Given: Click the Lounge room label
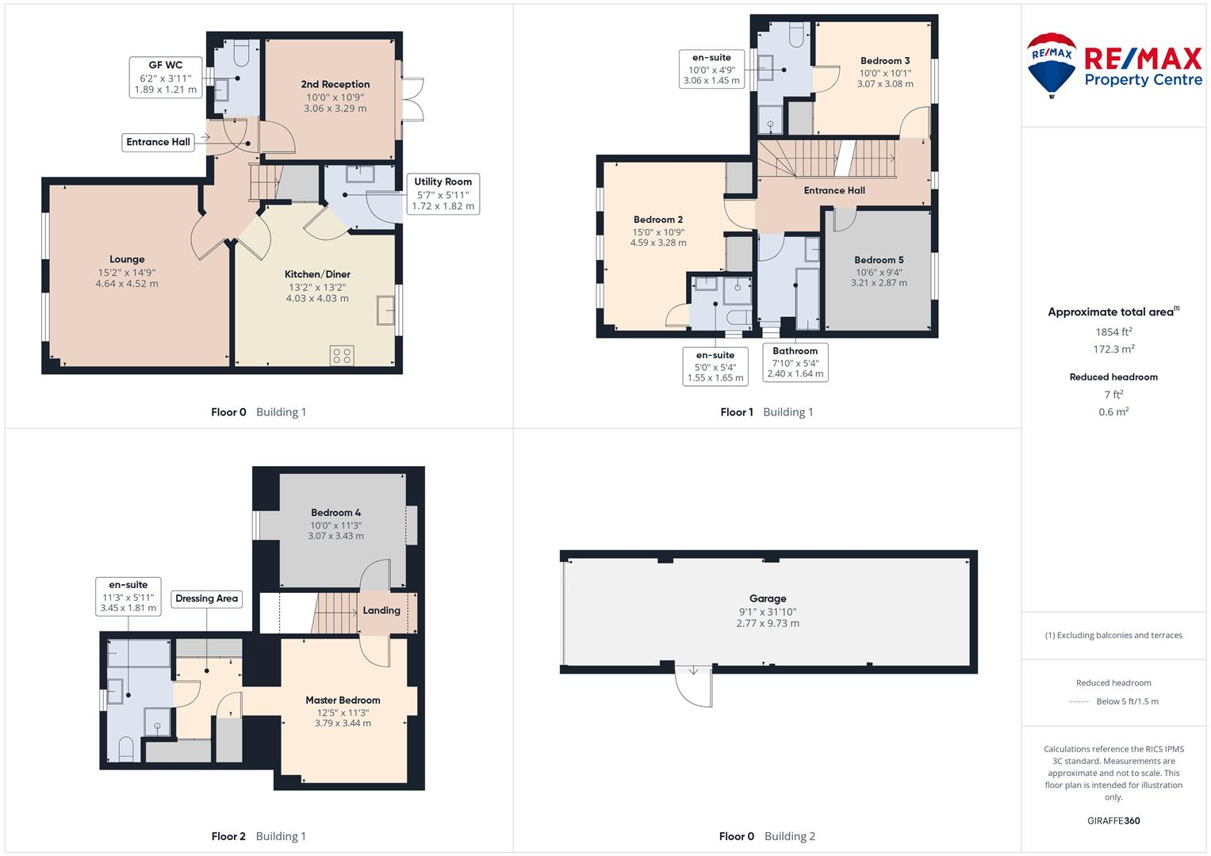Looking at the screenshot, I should pyautogui.click(x=127, y=259).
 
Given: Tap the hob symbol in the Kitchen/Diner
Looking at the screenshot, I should pyautogui.click(x=343, y=356).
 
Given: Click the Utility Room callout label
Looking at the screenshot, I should pyautogui.click(x=443, y=193).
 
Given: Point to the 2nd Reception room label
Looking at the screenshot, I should pyautogui.click(x=335, y=84).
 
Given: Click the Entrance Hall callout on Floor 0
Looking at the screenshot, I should pyautogui.click(x=159, y=142).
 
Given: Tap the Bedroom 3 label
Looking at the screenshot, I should pyautogui.click(x=885, y=60).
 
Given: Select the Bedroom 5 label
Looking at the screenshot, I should pyautogui.click(x=879, y=260).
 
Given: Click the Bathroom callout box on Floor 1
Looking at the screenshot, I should pyautogui.click(x=795, y=362).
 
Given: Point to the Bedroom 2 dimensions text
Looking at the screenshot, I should pyautogui.click(x=658, y=238).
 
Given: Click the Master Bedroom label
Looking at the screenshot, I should pyautogui.click(x=343, y=700).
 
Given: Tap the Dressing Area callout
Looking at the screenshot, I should pyautogui.click(x=206, y=598).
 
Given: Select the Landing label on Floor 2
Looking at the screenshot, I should pyautogui.click(x=381, y=610).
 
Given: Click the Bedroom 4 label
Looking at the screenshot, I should pyautogui.click(x=335, y=513).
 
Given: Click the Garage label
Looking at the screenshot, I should pyautogui.click(x=768, y=598).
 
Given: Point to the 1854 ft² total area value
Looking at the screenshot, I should pyautogui.click(x=1113, y=332).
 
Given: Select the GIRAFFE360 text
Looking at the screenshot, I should pyautogui.click(x=1113, y=820).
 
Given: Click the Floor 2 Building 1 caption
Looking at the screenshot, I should pyautogui.click(x=259, y=836).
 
